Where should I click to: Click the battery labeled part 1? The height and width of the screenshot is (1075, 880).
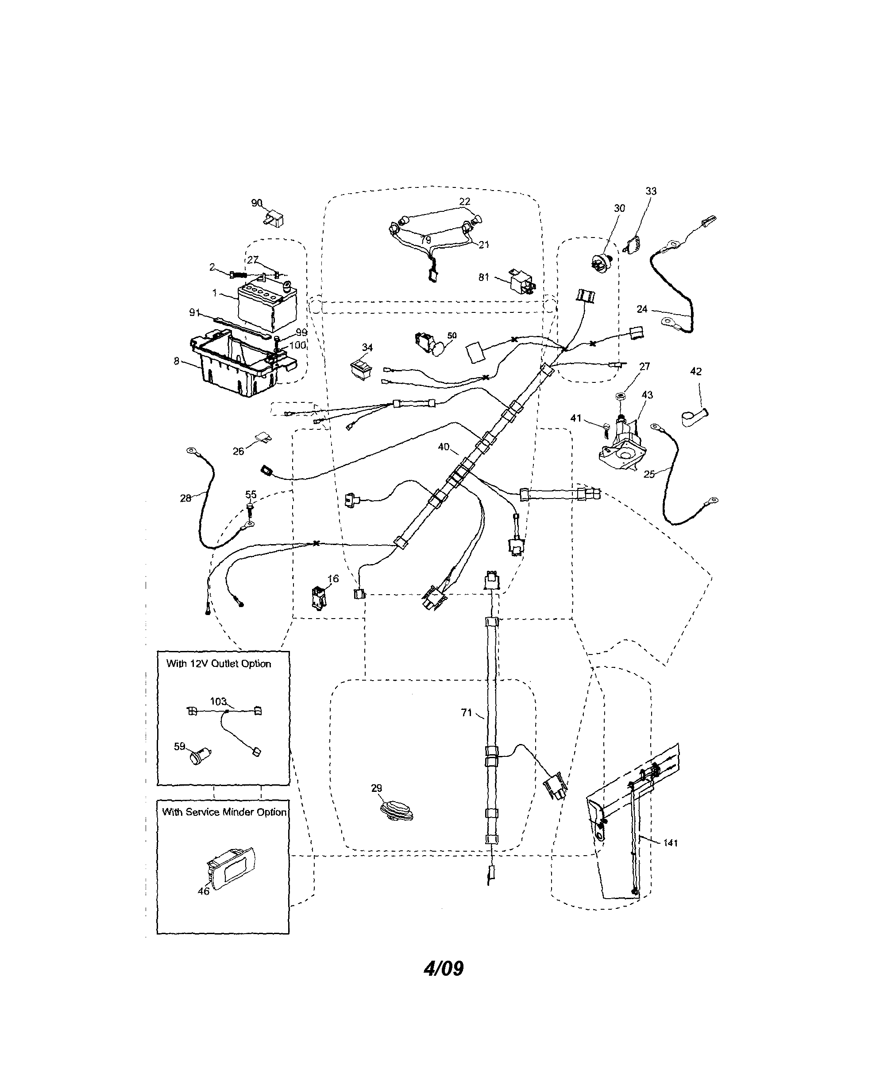[x=266, y=307]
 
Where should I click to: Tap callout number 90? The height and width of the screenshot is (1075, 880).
[x=256, y=203]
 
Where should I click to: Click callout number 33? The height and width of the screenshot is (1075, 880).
[x=651, y=191]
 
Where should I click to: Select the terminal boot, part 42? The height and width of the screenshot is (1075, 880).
[x=694, y=417]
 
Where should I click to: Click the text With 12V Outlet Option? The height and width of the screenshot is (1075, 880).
[x=219, y=664]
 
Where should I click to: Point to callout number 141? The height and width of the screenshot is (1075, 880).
[x=670, y=843]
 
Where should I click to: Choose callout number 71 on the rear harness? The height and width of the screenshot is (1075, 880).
[x=467, y=713]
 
